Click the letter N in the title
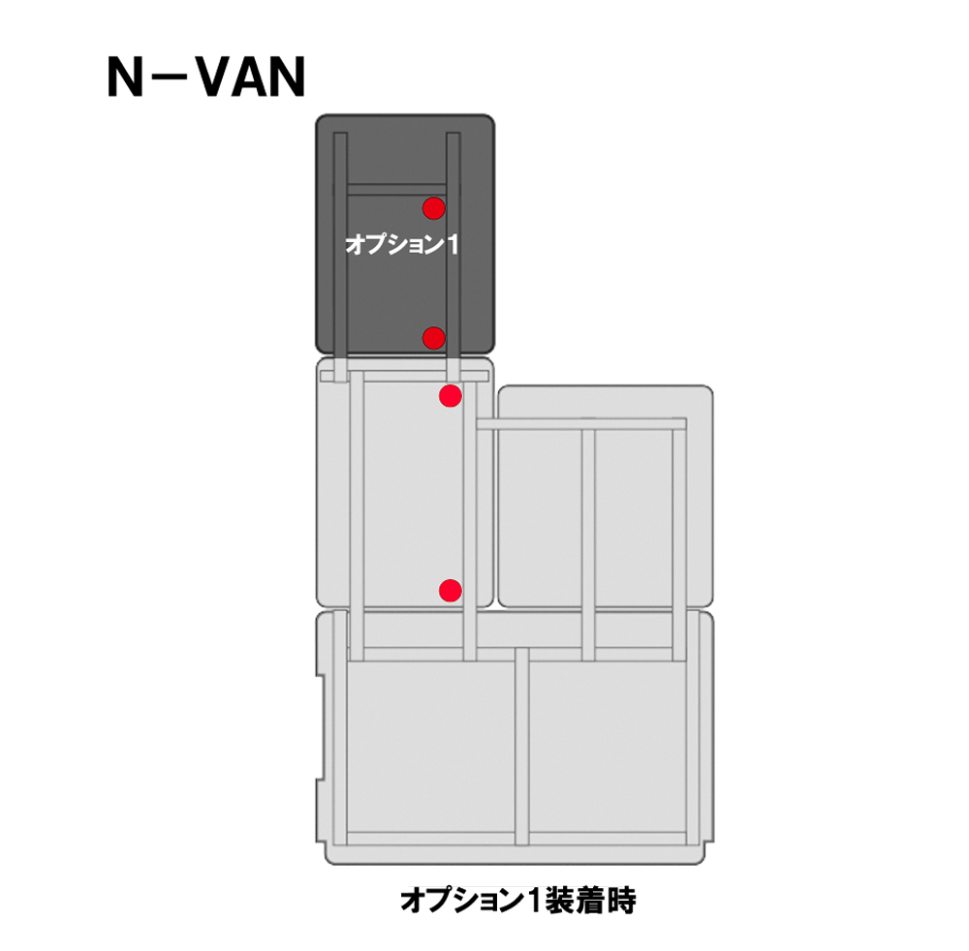tap(126, 77)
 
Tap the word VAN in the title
tap(252, 77)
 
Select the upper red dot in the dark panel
tap(434, 208)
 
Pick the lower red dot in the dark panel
tap(434, 338)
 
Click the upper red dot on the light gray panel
tap(451, 396)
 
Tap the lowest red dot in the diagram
tap(451, 591)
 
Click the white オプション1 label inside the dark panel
tap(402, 245)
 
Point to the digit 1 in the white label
tap(452, 245)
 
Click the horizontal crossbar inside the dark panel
tap(396, 190)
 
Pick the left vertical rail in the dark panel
tap(340, 247)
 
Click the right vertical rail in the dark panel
tap(453, 247)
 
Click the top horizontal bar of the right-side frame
tap(581, 423)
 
